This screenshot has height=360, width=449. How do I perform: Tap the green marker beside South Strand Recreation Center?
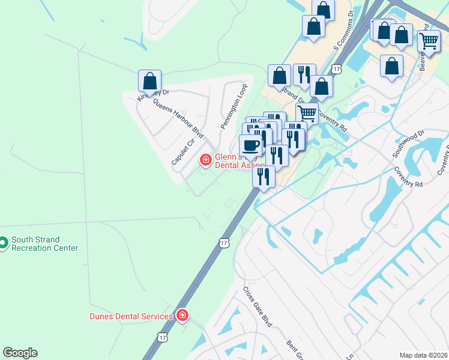coord(3,242)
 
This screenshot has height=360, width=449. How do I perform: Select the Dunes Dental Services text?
coord(131,316)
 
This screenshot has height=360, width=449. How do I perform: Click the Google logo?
coord(20,353)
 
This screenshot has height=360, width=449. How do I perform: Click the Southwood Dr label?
coord(409,143)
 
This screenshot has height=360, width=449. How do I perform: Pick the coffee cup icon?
coord(250,144)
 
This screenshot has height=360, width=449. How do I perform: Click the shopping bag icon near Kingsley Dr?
coord(149,80)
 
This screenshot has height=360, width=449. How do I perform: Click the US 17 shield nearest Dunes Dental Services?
coord(162,337)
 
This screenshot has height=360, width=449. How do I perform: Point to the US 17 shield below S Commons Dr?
coord(337,70)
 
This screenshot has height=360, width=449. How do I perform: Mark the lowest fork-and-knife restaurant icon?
coord(264,176)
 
